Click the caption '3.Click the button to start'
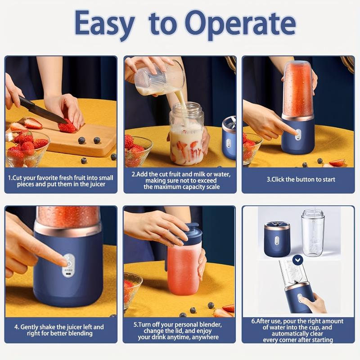point(301,179)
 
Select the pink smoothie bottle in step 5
point(183,270)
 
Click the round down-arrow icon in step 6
point(297,260)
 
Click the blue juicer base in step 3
point(297,137)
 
